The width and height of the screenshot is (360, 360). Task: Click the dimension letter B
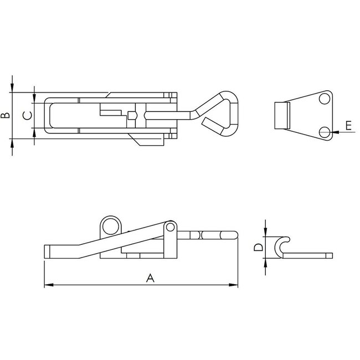tap(5, 115)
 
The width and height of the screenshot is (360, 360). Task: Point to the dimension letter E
tap(348, 126)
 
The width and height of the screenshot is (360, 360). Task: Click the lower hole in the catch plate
tap(325, 132)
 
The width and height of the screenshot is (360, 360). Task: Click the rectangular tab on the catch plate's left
tap(282, 116)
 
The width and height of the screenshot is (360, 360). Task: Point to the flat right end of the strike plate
tap(330, 255)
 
